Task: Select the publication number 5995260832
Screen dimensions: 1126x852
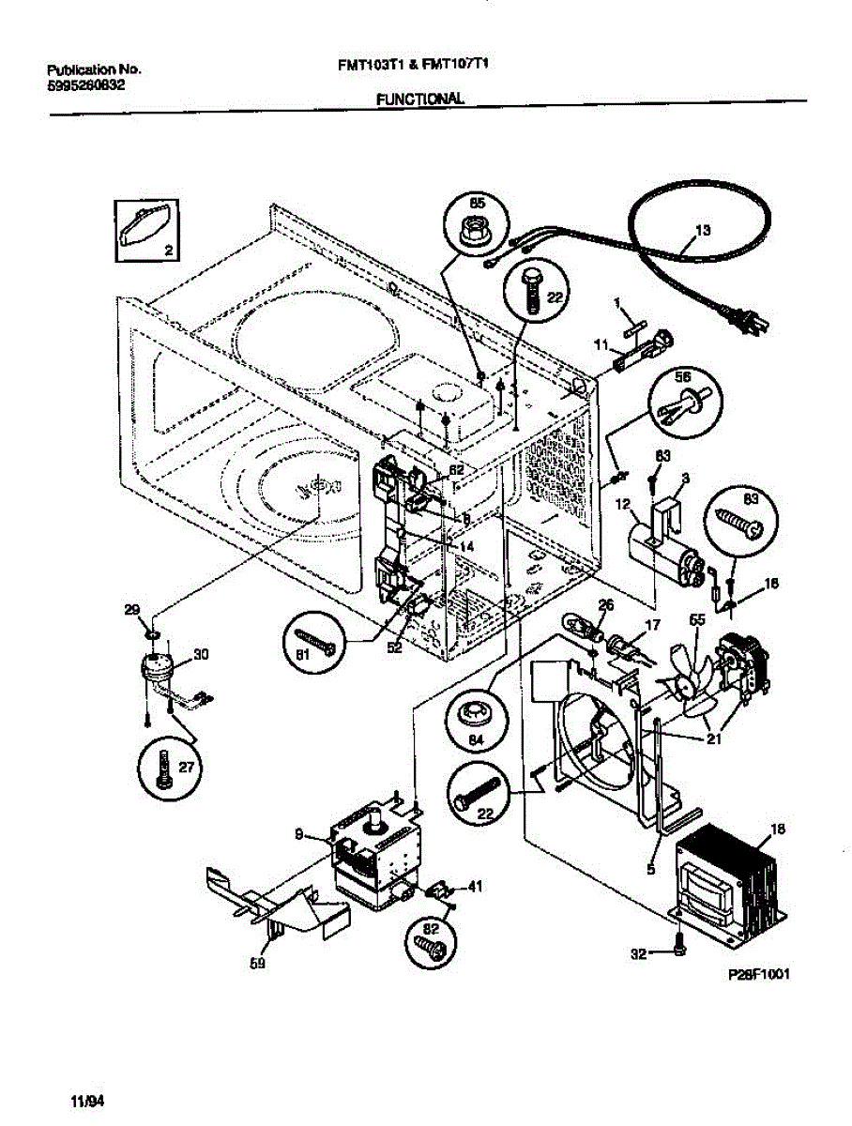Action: click(86, 84)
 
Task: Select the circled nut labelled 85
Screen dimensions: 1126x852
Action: click(474, 221)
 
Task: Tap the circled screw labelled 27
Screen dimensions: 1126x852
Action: click(169, 770)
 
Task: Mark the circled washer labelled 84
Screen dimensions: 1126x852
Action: click(479, 716)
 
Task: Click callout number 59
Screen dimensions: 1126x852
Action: click(257, 962)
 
